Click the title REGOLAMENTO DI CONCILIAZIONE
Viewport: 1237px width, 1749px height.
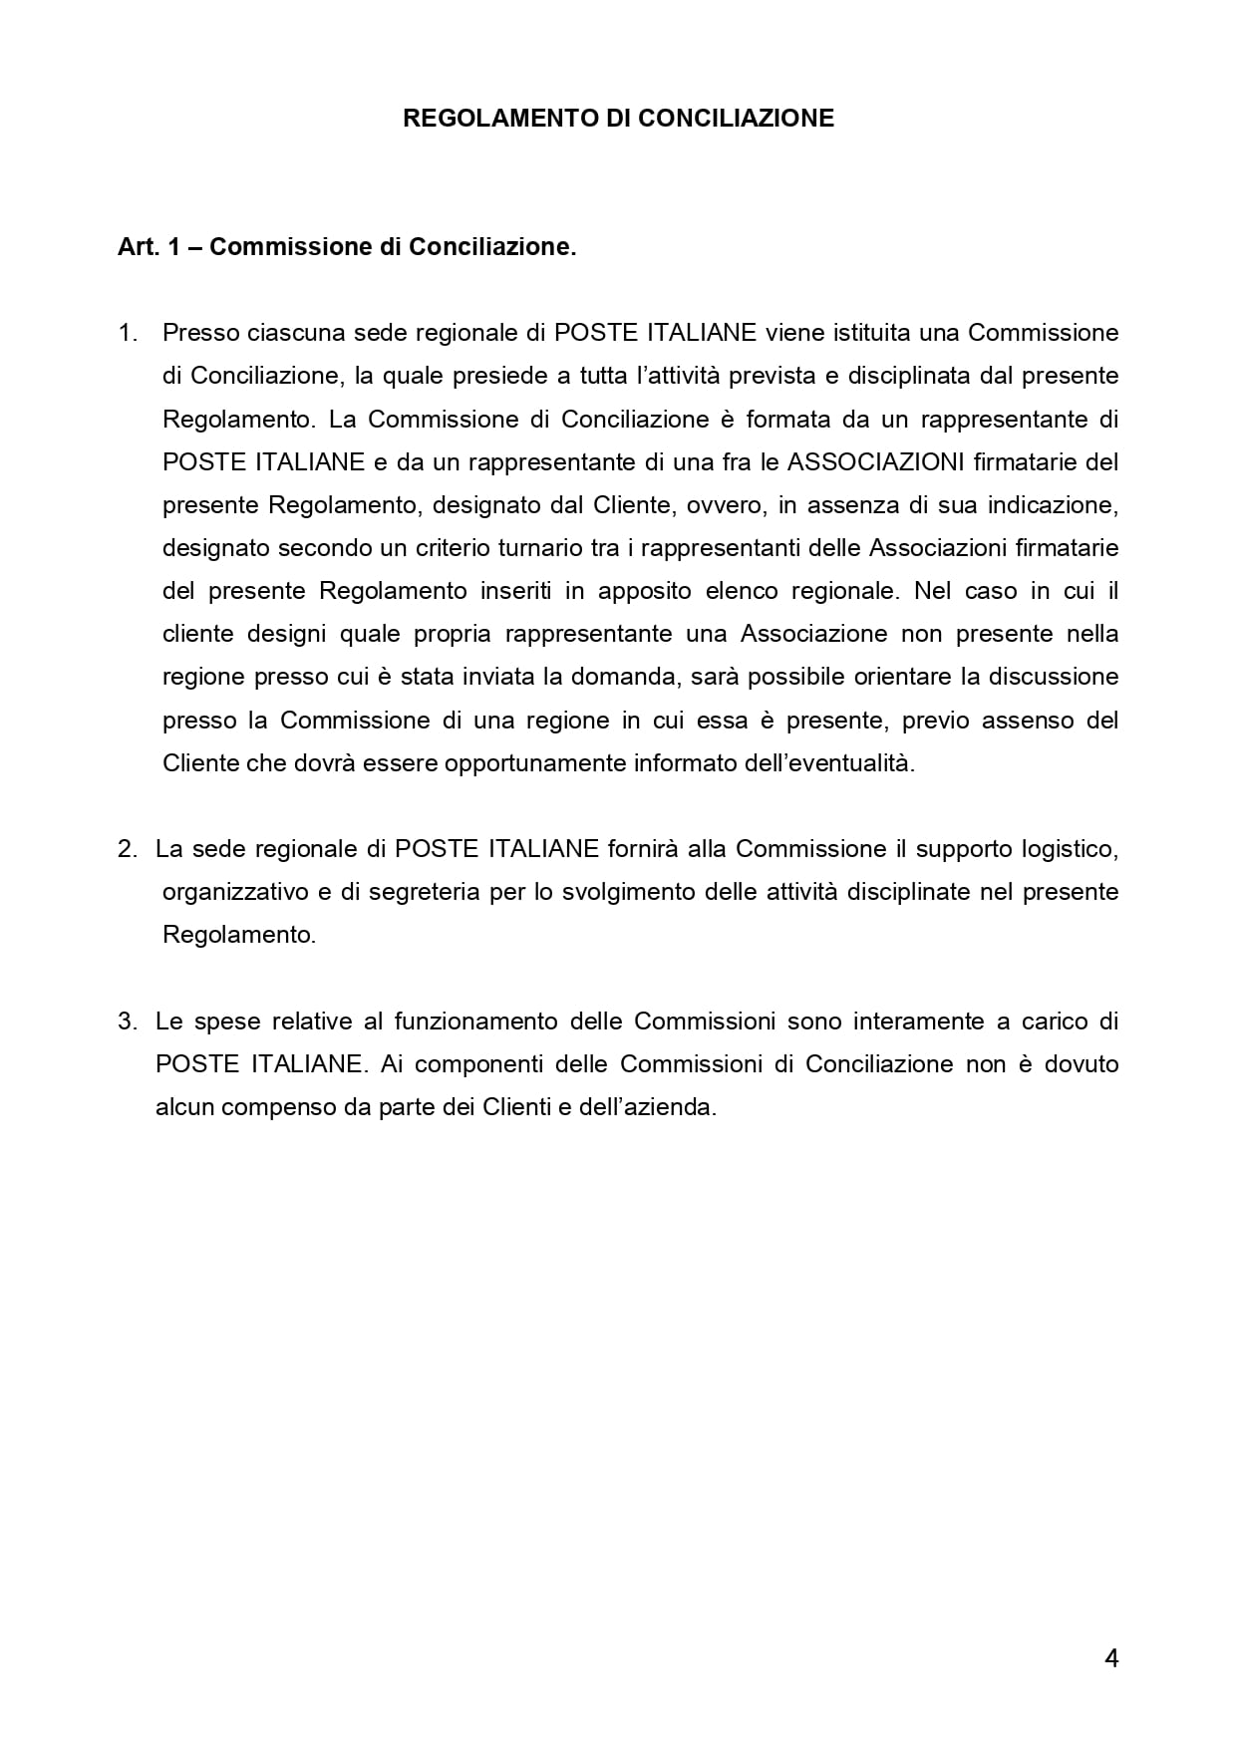[x=618, y=119]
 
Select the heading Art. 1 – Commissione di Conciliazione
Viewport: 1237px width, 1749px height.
[x=347, y=247]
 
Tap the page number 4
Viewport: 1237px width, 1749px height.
[x=1111, y=1657]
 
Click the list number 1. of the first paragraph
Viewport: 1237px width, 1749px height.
[x=128, y=333]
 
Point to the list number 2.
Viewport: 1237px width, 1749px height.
[x=127, y=849]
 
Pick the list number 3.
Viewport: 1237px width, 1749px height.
[x=127, y=1021]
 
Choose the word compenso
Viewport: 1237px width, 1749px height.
[x=268, y=1107]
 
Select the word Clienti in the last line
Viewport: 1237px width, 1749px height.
[x=516, y=1107]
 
